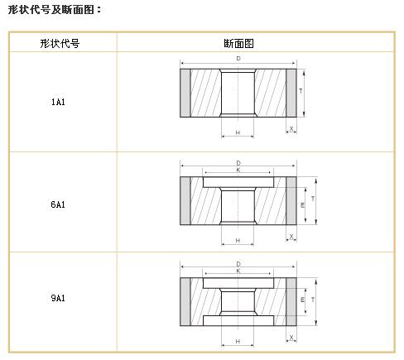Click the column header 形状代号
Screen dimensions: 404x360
tap(60, 43)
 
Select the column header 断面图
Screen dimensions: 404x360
tap(238, 43)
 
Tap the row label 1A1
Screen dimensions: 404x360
tap(58, 102)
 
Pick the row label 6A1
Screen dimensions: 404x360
tap(58, 204)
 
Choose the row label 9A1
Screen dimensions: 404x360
tap(58, 298)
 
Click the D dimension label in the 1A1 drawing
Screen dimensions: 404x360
tap(238, 59)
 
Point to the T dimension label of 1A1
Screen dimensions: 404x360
tap(301, 91)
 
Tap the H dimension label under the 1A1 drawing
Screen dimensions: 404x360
tap(238, 132)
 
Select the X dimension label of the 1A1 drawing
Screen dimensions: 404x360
tap(291, 128)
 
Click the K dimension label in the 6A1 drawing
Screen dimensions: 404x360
tap(238, 170)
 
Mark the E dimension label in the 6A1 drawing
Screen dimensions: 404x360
tap(302, 205)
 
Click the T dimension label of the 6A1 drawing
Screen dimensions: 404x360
tap(313, 199)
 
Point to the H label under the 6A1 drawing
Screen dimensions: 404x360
tap(238, 241)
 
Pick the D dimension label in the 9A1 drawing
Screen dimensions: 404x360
tap(238, 264)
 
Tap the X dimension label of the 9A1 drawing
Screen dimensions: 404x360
tap(291, 338)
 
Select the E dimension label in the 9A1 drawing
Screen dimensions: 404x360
tap(302, 300)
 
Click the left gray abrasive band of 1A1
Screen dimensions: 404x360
tap(185, 93)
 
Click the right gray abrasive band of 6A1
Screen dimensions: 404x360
tap(291, 200)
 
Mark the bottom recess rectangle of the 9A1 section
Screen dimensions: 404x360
tap(238, 321)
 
